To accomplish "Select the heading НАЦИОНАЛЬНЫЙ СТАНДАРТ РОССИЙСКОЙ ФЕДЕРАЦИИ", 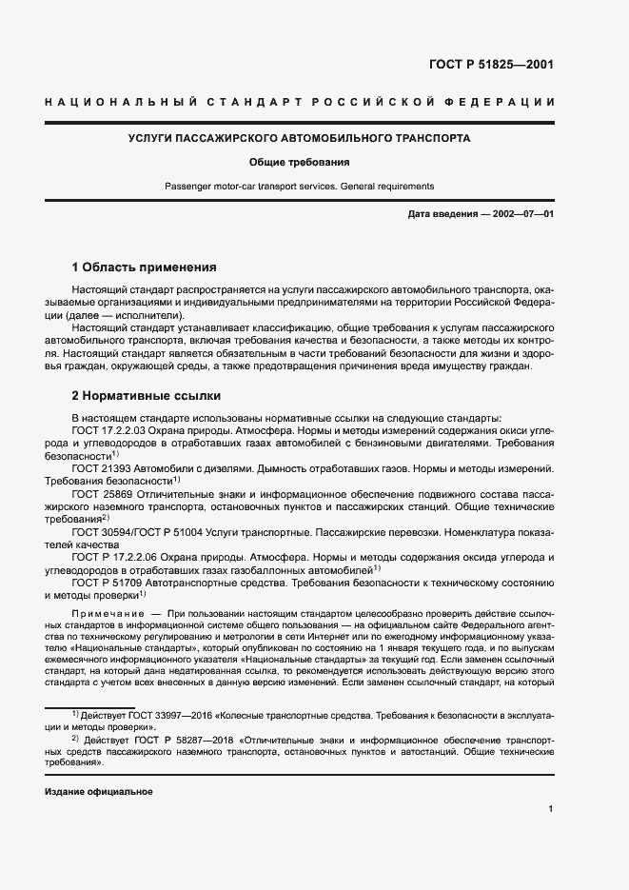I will (x=314, y=102).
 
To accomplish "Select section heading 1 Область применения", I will (x=145, y=267).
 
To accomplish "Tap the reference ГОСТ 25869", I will (x=102, y=495).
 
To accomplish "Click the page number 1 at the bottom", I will (x=551, y=810).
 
